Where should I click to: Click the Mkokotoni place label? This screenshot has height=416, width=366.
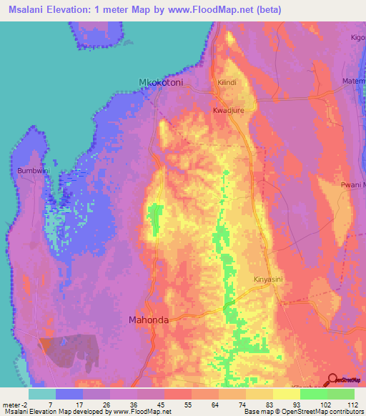[x=161, y=83]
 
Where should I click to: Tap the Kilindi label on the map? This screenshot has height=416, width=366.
[x=227, y=83]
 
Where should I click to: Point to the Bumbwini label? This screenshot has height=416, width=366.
[x=31, y=172]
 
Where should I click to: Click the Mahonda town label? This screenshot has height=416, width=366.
[x=149, y=320]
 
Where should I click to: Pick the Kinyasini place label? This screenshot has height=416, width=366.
[x=269, y=279]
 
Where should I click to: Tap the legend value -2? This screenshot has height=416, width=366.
[x=27, y=404]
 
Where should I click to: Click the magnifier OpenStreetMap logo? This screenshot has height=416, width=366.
[x=333, y=380]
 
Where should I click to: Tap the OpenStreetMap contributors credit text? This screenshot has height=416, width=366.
[x=324, y=412]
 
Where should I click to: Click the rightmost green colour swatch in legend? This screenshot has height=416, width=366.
[x=341, y=394]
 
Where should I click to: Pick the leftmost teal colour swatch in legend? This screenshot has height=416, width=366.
[x=42, y=394]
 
